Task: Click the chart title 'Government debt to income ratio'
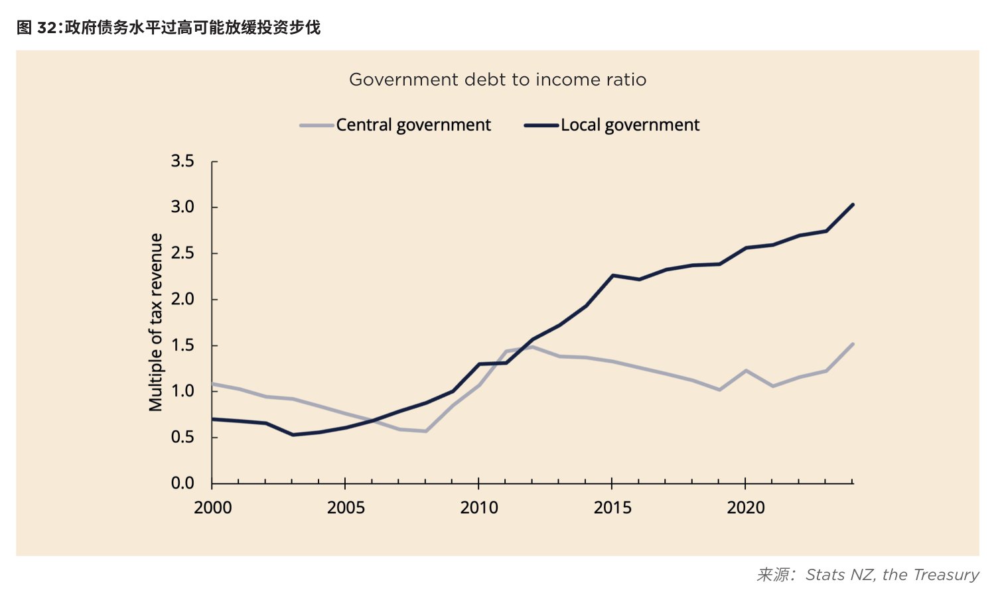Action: pyautogui.click(x=498, y=80)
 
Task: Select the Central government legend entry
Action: pyautogui.click(x=395, y=125)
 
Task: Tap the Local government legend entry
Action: pyautogui.click(x=612, y=125)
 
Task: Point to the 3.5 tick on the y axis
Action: pyautogui.click(x=182, y=161)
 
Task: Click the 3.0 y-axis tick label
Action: pyautogui.click(x=182, y=207)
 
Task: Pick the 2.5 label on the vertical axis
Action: pyautogui.click(x=182, y=253)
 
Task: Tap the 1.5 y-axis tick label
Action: pyautogui.click(x=182, y=345)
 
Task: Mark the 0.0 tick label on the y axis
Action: pyautogui.click(x=182, y=483)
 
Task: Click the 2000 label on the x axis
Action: pyautogui.click(x=212, y=508)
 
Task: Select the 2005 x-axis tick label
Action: pyautogui.click(x=346, y=508)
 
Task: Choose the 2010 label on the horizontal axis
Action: pyautogui.click(x=479, y=508)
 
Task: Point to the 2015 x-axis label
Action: pyautogui.click(x=612, y=508)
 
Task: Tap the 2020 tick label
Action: pyautogui.click(x=746, y=508)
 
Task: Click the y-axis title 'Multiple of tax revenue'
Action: pyautogui.click(x=156, y=322)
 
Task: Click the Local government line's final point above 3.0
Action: pyautogui.click(x=853, y=204)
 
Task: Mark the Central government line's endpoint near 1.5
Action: pyautogui.click(x=853, y=343)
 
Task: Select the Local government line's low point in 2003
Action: pyautogui.click(x=292, y=434)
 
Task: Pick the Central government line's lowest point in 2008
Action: pyautogui.click(x=425, y=431)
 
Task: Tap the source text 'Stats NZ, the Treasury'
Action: pyautogui.click(x=892, y=575)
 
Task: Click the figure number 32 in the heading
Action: pyautogui.click(x=46, y=28)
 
